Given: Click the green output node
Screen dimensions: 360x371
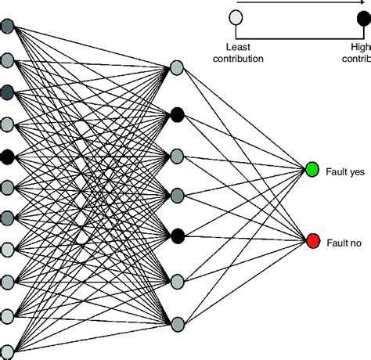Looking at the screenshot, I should point(312,169).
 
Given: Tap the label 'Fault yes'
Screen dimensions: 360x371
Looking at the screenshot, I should point(344,170).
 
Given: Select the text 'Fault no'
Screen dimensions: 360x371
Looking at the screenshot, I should point(344,243).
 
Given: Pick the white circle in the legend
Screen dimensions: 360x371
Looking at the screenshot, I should point(235,16).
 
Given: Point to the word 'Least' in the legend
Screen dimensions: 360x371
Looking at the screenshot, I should point(236,45).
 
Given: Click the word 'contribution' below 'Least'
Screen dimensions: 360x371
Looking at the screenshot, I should point(241,57).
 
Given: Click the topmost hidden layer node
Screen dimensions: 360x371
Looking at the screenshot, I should point(178,69).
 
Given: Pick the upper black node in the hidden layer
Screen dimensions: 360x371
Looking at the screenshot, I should point(178,114).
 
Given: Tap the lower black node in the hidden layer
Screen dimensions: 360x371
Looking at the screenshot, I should point(178,235).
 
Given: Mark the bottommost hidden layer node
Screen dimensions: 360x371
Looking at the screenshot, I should point(178,322).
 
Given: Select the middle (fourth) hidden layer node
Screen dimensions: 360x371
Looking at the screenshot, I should point(178,193).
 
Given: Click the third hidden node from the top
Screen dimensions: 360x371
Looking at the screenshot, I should point(178,154).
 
